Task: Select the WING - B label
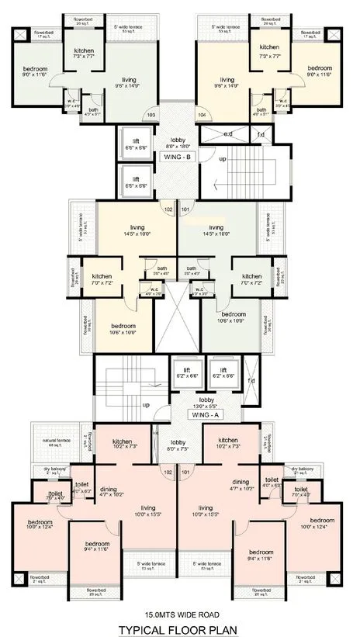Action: coord(178,156)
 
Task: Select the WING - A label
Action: coord(183,415)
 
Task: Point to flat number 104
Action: coord(202,115)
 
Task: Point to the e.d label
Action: coord(227,133)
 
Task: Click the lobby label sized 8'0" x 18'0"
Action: coord(178,143)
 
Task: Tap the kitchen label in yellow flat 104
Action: coord(268,52)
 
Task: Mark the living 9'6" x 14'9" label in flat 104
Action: coord(227,83)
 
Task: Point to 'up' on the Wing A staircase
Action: coord(146,404)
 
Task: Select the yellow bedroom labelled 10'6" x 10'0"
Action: coord(123,328)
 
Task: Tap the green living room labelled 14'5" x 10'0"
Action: coord(216,229)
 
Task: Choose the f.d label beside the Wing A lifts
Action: coord(251,380)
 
